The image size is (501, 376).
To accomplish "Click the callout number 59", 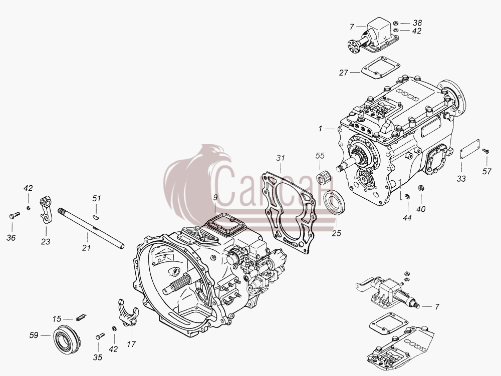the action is click(34, 335).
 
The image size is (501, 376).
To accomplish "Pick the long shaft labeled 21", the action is click(91, 228).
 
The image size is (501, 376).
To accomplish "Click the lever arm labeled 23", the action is click(46, 209).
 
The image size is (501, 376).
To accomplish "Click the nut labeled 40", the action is click(421, 188).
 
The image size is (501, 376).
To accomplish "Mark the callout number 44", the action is click(407, 218).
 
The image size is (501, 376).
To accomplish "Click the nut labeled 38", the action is click(395, 23).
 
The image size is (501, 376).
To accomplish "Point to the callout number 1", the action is click(320, 129).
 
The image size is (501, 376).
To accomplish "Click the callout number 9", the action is click(215, 197).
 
